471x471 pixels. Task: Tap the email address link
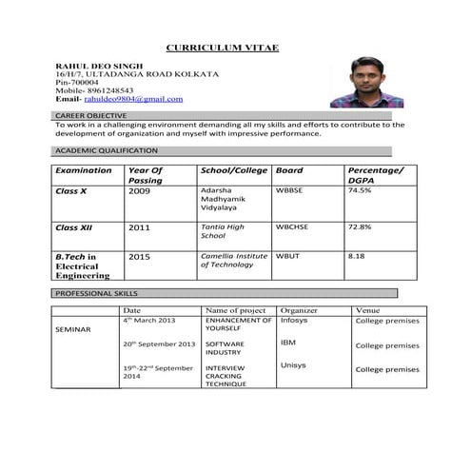coord(132,98)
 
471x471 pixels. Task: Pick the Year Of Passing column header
coord(146,175)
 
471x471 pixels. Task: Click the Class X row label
coord(71,190)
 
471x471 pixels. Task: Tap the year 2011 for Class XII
coord(140,228)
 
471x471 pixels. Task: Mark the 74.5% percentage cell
coord(360,190)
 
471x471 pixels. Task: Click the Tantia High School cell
coord(223,231)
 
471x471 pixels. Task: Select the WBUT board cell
coord(286,256)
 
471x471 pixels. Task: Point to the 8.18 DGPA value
coord(357,256)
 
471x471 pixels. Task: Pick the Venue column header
coord(367,310)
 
